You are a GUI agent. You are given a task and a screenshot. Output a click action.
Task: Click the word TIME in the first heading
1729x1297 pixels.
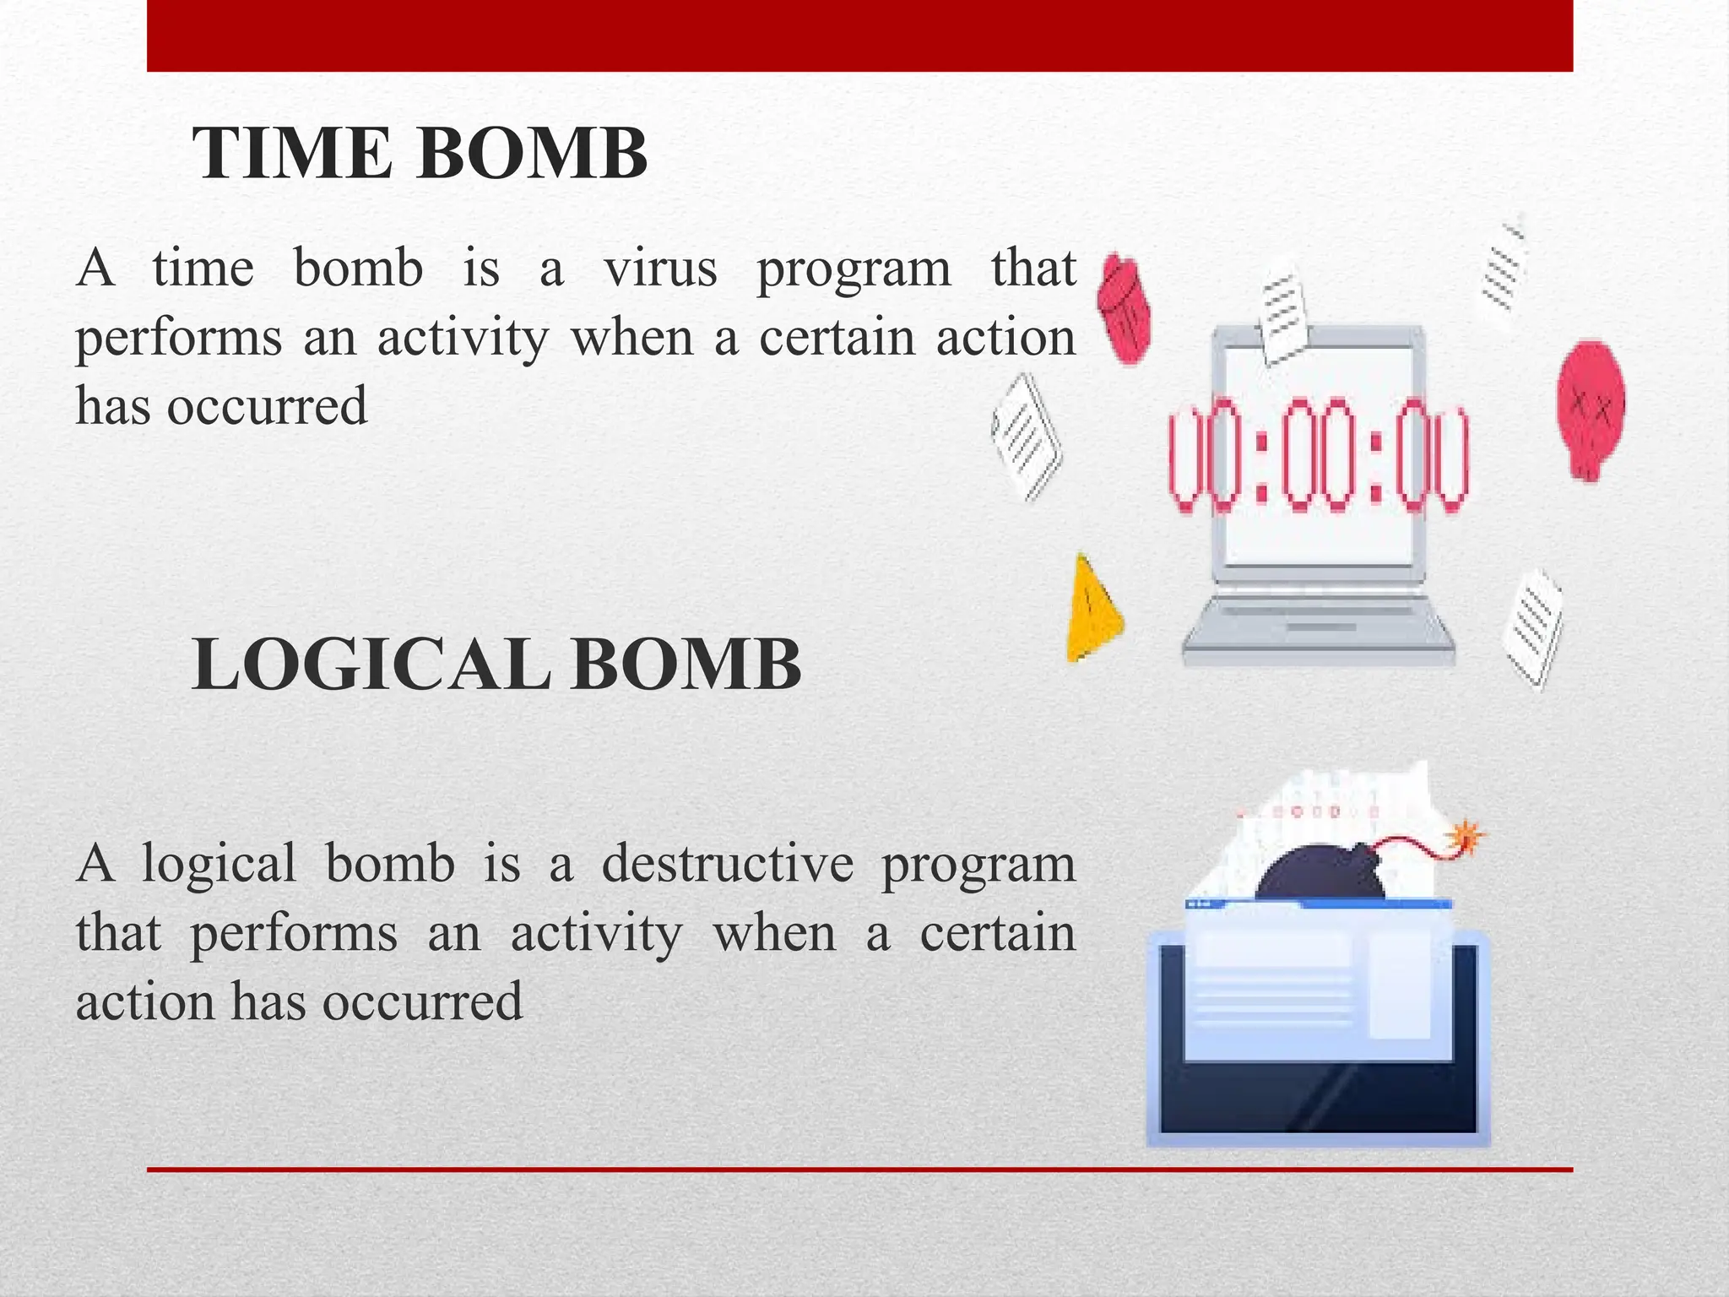coord(292,154)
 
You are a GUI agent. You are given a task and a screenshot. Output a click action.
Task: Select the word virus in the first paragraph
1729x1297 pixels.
coord(660,269)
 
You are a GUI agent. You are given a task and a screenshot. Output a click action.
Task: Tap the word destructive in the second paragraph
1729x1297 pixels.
coord(727,864)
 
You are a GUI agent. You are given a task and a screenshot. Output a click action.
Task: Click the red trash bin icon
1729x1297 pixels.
coord(1125,307)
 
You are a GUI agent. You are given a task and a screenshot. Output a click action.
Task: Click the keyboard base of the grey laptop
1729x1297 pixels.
coord(1318,629)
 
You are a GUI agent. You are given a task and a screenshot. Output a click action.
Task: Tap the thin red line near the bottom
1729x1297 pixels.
coord(859,1169)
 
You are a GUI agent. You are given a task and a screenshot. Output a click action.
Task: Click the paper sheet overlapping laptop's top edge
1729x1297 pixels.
coord(1283,319)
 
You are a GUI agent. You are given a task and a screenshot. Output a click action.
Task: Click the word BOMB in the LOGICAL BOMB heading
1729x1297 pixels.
coord(686,665)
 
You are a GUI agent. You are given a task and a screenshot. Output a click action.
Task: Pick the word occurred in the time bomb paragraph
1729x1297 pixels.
coord(267,406)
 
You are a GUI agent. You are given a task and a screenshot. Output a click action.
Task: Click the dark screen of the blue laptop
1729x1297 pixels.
coord(1317,1098)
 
